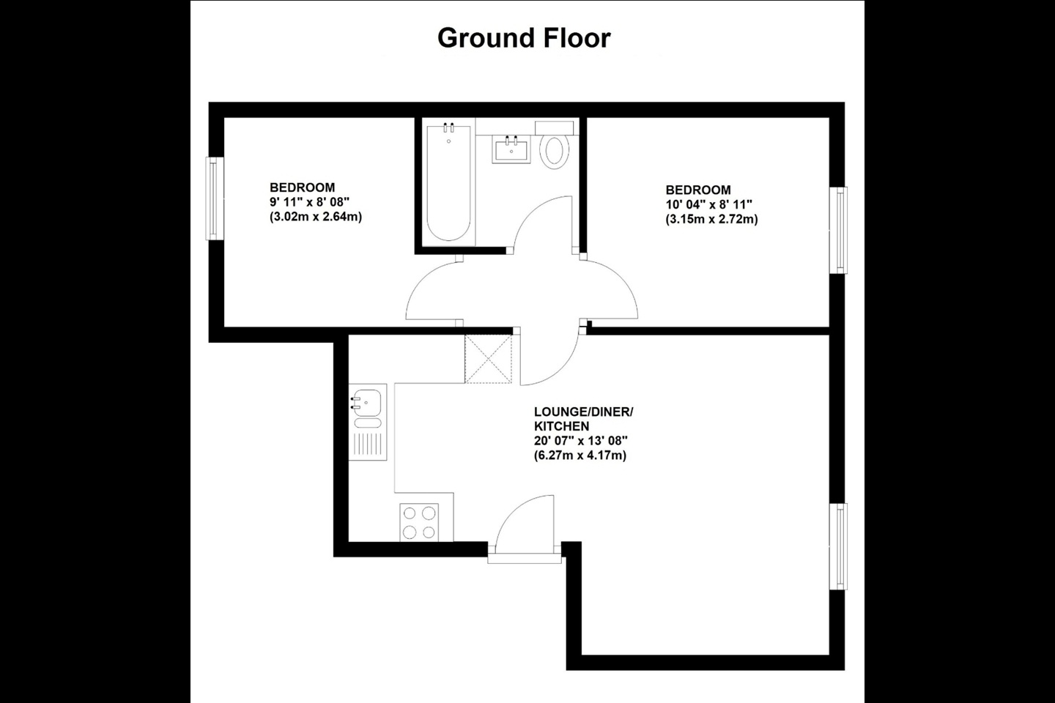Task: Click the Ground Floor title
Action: click(524, 39)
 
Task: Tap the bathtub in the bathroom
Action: click(448, 182)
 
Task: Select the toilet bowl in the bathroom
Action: click(555, 151)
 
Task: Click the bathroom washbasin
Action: click(511, 149)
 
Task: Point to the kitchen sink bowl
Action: click(367, 403)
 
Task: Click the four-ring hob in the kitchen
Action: click(419, 522)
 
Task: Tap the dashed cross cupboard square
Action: click(489, 359)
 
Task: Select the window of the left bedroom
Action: click(214, 198)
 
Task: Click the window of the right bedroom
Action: click(838, 230)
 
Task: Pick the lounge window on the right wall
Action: click(838, 546)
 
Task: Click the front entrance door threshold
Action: click(525, 559)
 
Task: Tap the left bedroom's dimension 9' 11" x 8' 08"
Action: click(309, 202)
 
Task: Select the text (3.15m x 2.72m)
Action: click(711, 220)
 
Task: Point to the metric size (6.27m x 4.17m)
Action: click(580, 455)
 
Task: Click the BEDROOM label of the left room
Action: click(303, 187)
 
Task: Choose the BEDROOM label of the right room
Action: click(698, 190)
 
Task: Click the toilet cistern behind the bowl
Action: click(554, 127)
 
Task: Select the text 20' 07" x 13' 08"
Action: click(581, 441)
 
